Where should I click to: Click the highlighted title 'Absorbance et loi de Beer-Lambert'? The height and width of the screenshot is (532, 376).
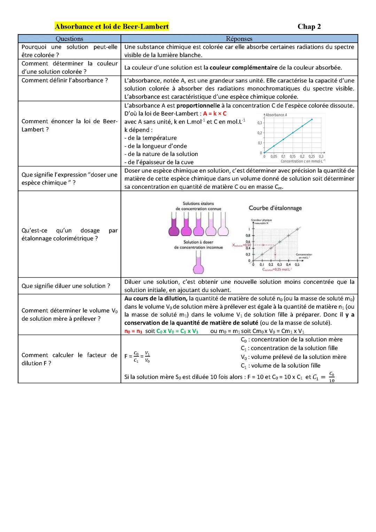[x=112, y=26]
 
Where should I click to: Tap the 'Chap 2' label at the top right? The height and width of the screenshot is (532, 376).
[x=309, y=27]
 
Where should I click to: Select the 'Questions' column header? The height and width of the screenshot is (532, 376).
[x=69, y=39]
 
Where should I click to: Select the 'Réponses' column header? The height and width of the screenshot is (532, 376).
[x=239, y=39]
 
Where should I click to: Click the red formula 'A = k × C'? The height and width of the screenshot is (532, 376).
[x=215, y=114]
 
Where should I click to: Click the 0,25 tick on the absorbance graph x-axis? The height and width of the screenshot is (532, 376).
[x=312, y=157]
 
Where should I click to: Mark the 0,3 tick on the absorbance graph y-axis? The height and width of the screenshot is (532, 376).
[x=260, y=123]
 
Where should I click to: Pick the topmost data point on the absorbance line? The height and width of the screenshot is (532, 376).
[x=312, y=119]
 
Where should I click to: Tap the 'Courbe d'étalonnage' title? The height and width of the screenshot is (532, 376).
[x=275, y=208]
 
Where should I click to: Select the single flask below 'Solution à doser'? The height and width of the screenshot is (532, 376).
[x=198, y=266]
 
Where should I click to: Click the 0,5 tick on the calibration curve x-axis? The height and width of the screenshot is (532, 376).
[x=297, y=265]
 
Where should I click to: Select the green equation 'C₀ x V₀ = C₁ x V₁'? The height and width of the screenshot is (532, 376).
[x=177, y=331]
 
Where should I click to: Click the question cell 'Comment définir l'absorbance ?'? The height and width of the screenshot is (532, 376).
[x=65, y=80]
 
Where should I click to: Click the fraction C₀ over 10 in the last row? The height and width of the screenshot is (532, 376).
[x=331, y=377]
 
